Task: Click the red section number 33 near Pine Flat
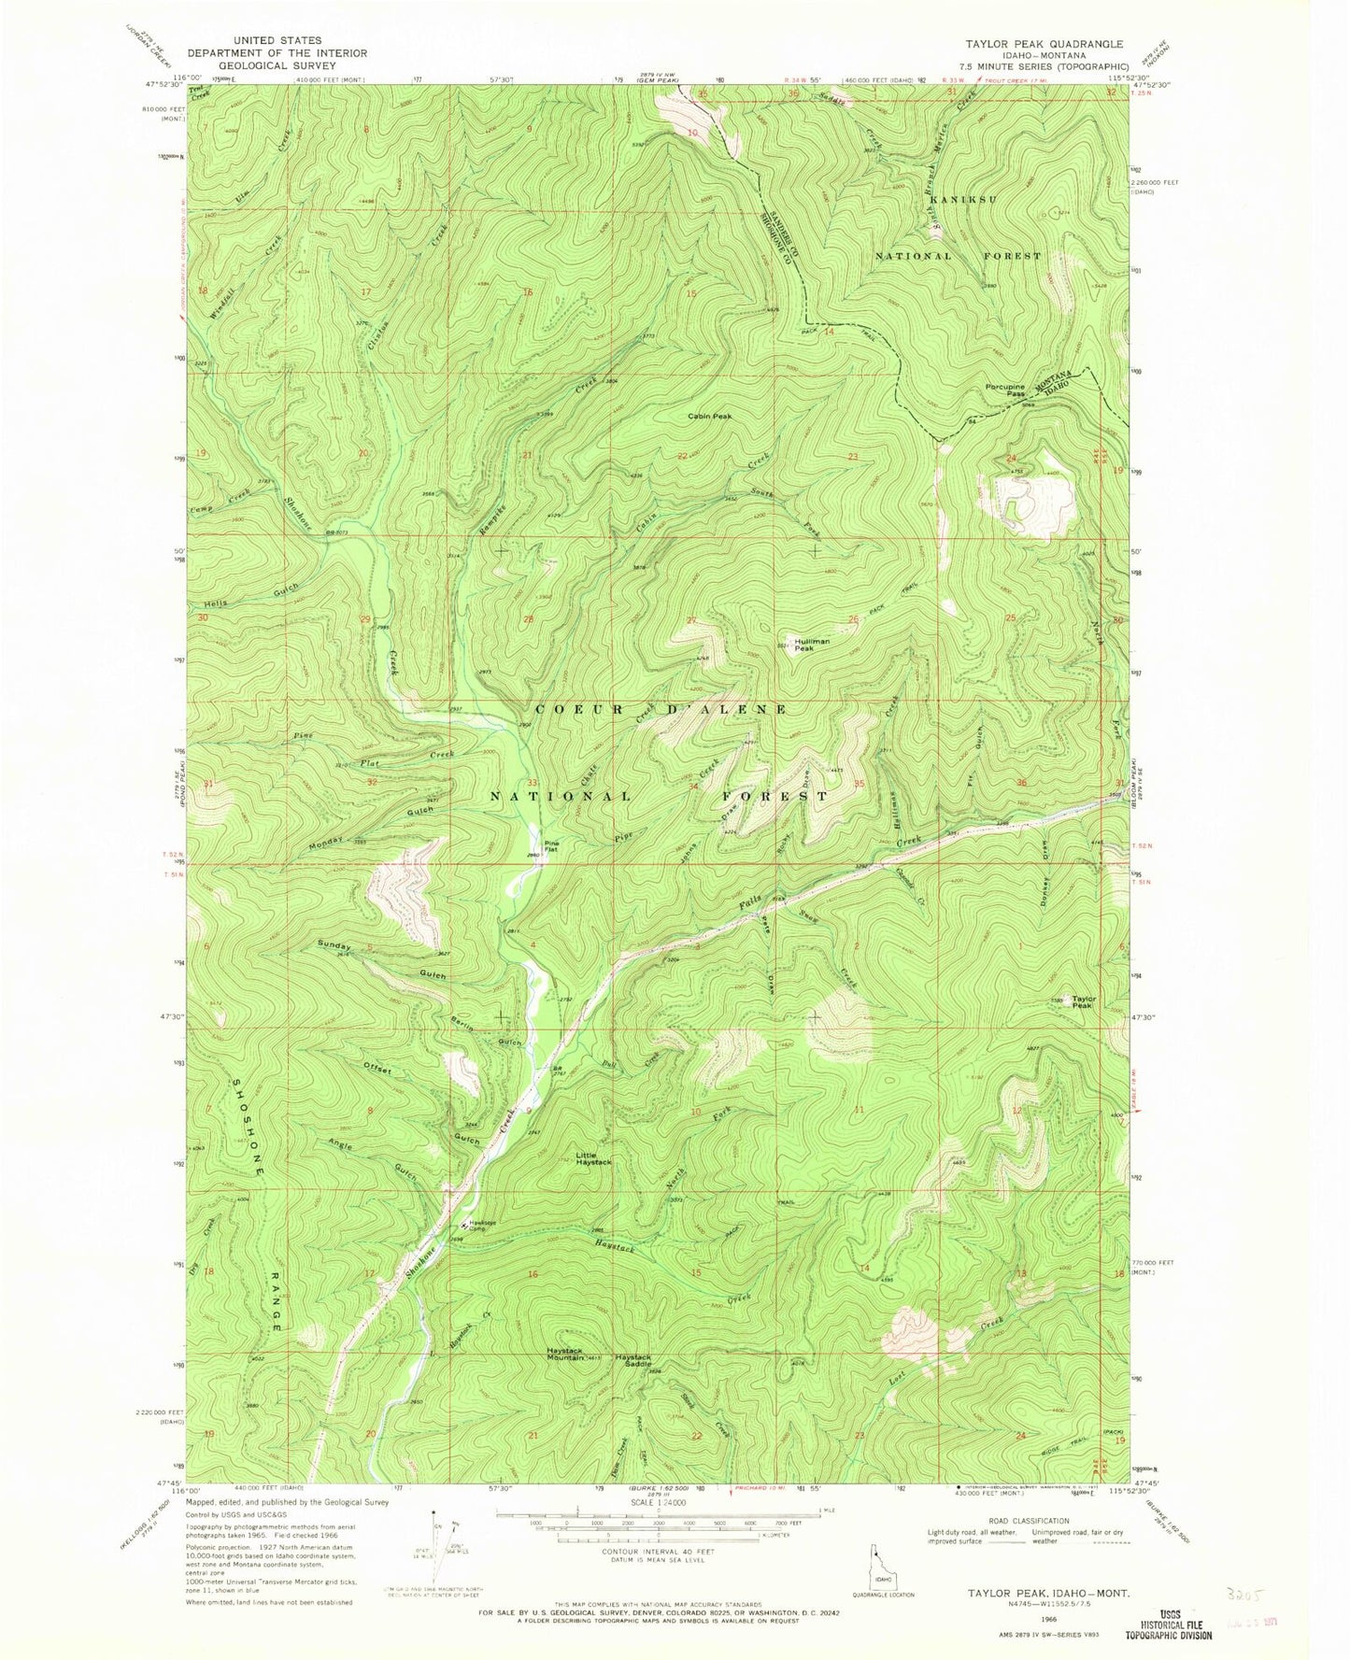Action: (531, 783)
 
